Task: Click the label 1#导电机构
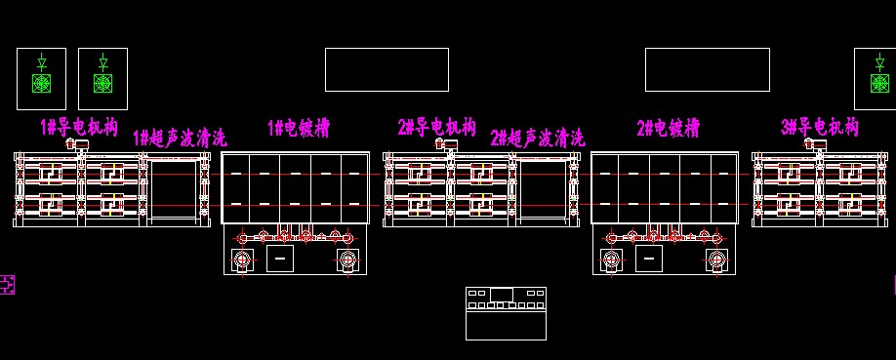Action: click(x=79, y=127)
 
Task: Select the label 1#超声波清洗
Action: click(x=180, y=138)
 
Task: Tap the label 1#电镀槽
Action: click(x=299, y=128)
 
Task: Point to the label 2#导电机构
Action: click(x=437, y=127)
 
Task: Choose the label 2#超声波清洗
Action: click(x=538, y=138)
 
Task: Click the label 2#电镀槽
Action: click(x=668, y=128)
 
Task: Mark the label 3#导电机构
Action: click(x=820, y=127)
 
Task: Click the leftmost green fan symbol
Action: click(x=42, y=84)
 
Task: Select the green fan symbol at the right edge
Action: click(x=880, y=84)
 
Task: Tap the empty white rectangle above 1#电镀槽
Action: click(x=387, y=48)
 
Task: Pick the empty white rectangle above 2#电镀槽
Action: click(x=708, y=48)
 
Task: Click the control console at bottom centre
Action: click(x=506, y=314)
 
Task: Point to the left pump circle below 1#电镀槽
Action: click(x=242, y=260)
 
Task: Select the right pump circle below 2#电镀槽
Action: click(x=716, y=260)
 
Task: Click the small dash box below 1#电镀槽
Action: click(x=280, y=259)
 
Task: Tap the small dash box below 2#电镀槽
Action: click(x=649, y=259)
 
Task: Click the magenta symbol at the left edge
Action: click(x=7, y=285)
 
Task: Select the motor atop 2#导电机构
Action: click(x=446, y=144)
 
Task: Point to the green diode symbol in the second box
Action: click(x=102, y=61)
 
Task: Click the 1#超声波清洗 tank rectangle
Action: click(x=173, y=162)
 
